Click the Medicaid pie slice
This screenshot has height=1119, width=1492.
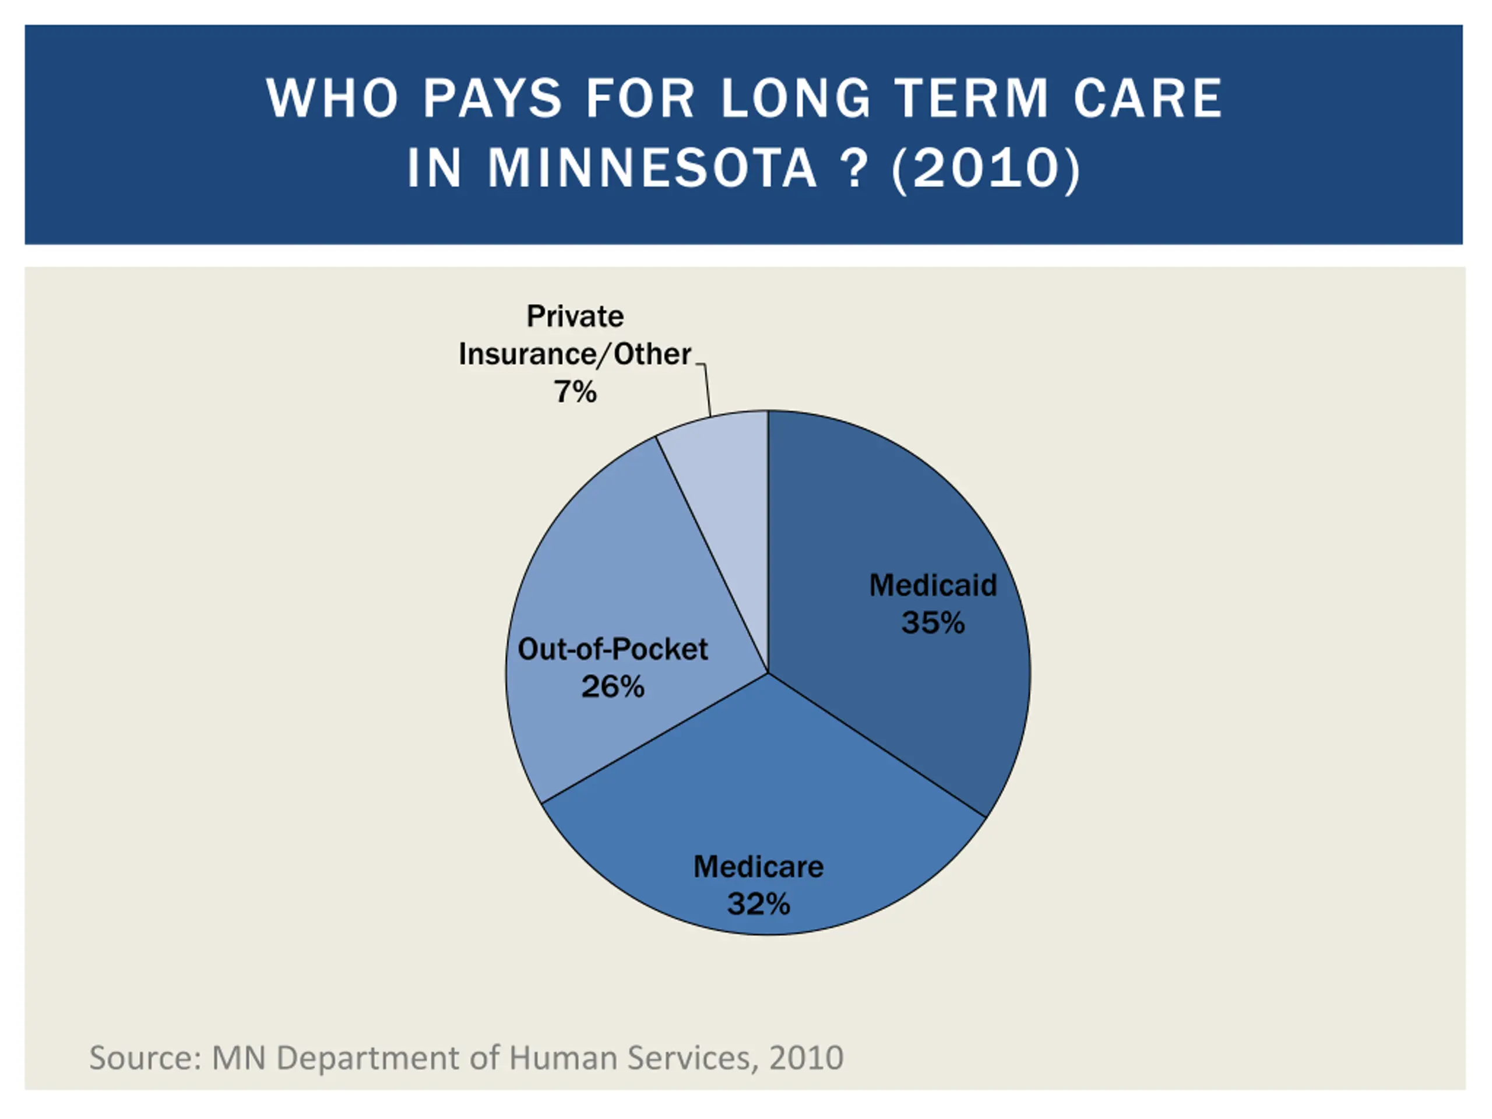897,513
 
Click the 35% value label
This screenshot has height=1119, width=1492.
933,622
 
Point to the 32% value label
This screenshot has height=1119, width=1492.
758,905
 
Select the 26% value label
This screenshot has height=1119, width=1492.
613,687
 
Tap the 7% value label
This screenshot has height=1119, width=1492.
575,392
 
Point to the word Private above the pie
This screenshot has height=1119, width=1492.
575,316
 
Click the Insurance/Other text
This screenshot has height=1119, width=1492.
575,355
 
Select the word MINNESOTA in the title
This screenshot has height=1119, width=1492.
652,168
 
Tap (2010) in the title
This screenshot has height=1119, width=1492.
986,168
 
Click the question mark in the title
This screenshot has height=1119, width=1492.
854,168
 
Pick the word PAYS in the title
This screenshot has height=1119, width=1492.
492,98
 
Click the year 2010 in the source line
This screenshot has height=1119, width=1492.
806,1058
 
